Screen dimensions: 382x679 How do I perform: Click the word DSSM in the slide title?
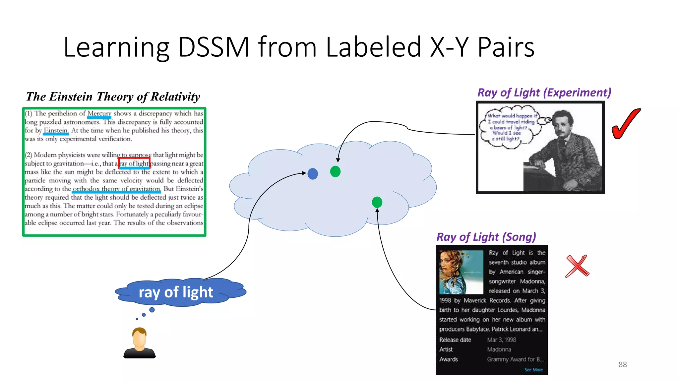coord(214,47)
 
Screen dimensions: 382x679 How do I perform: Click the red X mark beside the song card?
coord(577,266)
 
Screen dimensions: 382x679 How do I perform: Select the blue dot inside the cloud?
coord(313,174)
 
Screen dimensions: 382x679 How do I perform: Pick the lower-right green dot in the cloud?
coord(377,202)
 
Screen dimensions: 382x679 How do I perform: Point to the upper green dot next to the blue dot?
coord(335,171)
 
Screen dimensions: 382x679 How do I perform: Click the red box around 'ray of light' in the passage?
coord(134,163)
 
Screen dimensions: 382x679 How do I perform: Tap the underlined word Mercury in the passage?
coord(99,114)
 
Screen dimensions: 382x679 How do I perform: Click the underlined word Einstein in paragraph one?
coord(56,130)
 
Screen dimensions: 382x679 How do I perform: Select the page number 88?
coord(622,364)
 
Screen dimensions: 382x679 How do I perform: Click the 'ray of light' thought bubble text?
coord(176,292)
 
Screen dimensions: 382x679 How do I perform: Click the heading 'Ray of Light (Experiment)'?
coord(544,93)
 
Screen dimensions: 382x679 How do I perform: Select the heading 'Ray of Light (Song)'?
coord(486,237)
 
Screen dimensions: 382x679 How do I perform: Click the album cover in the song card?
coord(461,272)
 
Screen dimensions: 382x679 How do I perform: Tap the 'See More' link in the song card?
coord(533,370)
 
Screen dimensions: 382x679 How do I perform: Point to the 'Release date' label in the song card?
coord(455,340)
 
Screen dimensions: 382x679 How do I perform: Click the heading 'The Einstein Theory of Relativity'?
coord(113,97)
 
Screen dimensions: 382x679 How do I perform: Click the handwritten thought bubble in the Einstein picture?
coord(510,127)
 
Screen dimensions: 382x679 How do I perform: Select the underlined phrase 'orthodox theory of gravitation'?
coord(116,189)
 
